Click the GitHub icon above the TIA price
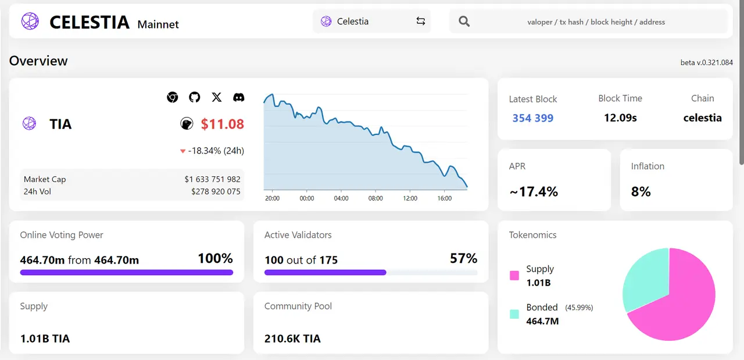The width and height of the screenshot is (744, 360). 194,97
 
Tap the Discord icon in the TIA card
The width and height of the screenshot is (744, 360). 238,97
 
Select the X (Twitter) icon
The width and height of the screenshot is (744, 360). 217,97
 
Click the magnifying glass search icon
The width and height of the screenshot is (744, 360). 464,22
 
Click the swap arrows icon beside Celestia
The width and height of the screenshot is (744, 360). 421,22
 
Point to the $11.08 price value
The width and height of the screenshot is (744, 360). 222,124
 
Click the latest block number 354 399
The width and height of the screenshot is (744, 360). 532,118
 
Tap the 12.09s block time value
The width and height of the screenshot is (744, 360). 620,118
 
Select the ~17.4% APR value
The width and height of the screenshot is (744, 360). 534,192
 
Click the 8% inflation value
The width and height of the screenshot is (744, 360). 641,192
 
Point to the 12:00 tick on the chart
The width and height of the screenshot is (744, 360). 410,198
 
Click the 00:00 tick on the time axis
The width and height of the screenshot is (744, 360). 307,198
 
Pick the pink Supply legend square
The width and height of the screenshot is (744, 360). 514,276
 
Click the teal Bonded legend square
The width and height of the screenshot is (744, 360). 514,314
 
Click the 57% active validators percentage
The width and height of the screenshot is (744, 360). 463,258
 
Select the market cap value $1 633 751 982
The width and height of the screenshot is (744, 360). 212,179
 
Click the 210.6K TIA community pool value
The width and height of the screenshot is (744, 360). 292,338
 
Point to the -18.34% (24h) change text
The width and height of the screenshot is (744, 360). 216,151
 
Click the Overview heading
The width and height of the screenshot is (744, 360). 38,61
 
